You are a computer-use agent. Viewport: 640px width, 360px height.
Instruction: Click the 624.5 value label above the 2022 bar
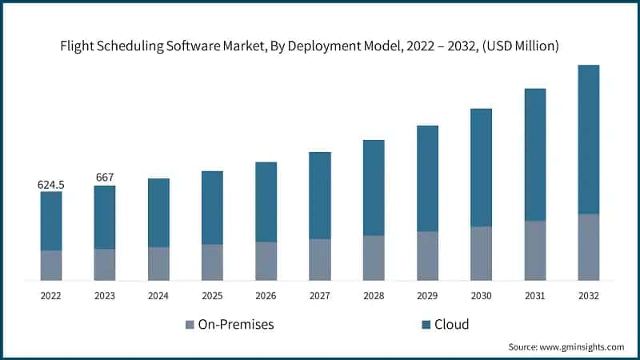[x=51, y=185]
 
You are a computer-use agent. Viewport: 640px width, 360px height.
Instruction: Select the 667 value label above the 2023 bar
[x=105, y=177]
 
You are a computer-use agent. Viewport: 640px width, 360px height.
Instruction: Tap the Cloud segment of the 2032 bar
[x=589, y=139]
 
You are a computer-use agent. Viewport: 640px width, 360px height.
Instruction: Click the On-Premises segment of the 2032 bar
[x=589, y=247]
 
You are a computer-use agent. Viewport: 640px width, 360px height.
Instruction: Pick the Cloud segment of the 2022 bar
[x=51, y=221]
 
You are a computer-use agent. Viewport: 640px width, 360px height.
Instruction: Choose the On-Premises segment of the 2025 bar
[x=212, y=262]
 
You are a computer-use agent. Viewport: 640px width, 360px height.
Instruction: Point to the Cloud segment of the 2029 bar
[x=427, y=178]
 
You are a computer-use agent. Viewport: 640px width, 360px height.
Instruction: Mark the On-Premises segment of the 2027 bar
[x=320, y=259]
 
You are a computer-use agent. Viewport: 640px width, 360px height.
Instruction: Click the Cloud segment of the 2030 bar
[x=481, y=167]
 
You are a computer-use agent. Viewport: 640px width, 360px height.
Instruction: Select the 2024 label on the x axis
[x=158, y=296]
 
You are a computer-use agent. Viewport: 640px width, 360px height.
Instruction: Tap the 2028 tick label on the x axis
[x=374, y=296]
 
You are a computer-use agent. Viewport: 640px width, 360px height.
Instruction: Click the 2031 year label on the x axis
[x=534, y=296]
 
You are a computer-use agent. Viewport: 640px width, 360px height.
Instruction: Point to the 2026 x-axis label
[x=266, y=296]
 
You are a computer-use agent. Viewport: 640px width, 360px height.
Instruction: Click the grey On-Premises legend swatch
[x=190, y=325]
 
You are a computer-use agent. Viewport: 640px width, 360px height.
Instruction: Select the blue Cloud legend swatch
[x=426, y=325]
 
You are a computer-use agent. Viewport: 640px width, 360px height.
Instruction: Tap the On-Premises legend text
[x=236, y=325]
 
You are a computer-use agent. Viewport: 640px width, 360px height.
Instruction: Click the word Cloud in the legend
[x=452, y=325]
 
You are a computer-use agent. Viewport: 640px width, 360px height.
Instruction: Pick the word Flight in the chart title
[x=79, y=47]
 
